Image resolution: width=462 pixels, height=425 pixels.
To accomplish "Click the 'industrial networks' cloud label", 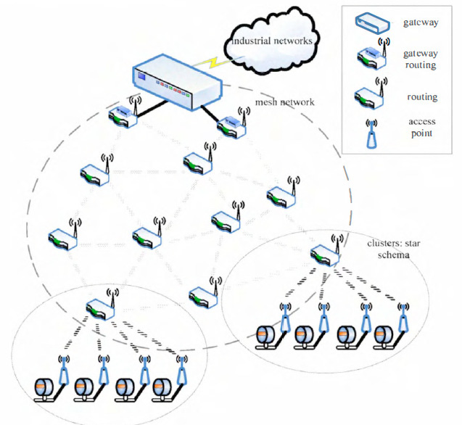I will pyautogui.click(x=272, y=41).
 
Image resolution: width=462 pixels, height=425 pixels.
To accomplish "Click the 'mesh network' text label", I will pyautogui.click(x=285, y=102).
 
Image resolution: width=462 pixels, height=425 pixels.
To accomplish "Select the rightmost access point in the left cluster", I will pyautogui.click(x=179, y=369).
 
